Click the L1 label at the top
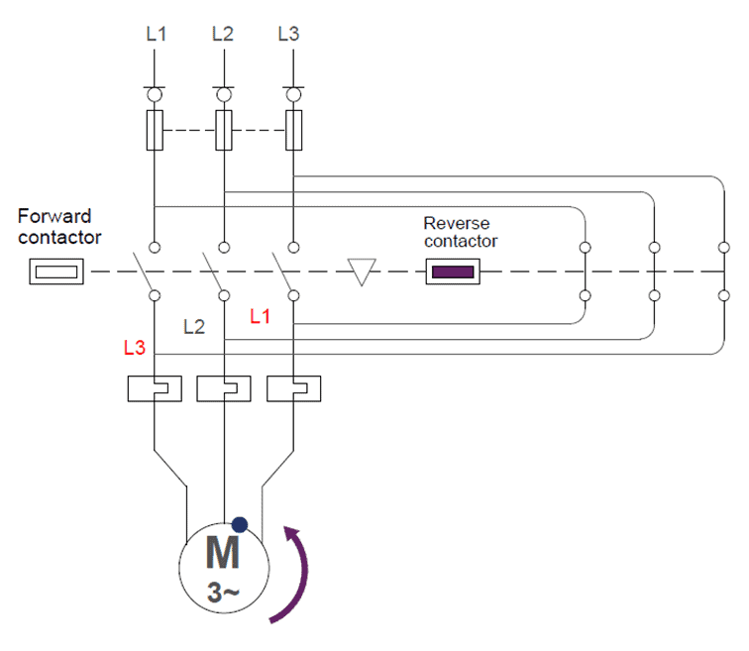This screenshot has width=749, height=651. pyautogui.click(x=156, y=34)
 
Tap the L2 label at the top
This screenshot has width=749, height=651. pyautogui.click(x=223, y=34)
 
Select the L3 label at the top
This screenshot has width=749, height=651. pyautogui.click(x=288, y=34)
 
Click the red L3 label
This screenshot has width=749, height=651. pyautogui.click(x=136, y=348)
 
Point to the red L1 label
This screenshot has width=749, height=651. pyautogui.click(x=261, y=317)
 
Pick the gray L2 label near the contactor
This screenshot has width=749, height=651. pyautogui.click(x=194, y=327)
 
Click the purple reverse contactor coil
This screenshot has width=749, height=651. pyautogui.click(x=454, y=271)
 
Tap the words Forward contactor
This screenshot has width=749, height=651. pyautogui.click(x=58, y=226)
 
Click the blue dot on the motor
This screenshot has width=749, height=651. pyautogui.click(x=239, y=525)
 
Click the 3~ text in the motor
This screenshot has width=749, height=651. pyautogui.click(x=223, y=593)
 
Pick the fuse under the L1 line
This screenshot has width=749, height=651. pyautogui.click(x=156, y=130)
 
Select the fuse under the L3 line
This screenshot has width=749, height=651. pyautogui.click(x=294, y=130)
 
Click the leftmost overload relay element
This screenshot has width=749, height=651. pyautogui.click(x=155, y=388)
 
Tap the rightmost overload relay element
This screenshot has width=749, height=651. pyautogui.click(x=294, y=388)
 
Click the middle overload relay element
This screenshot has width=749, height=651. pyautogui.click(x=224, y=388)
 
